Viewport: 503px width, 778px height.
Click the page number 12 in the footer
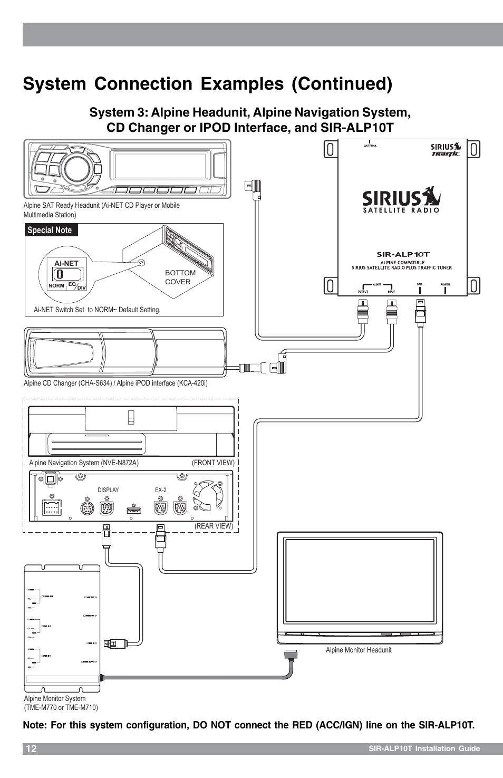point(31,749)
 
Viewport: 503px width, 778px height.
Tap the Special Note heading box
point(50,230)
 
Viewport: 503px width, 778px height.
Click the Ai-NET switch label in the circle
point(66,263)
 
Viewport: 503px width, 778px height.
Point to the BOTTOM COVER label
point(180,277)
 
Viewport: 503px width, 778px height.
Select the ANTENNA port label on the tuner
point(370,146)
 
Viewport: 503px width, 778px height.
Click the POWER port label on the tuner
point(445,285)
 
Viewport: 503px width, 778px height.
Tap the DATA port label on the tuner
point(420,285)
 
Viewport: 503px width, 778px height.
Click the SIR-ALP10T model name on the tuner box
point(402,254)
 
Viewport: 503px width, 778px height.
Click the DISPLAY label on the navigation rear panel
point(108,490)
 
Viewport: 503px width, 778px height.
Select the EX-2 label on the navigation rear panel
point(161,490)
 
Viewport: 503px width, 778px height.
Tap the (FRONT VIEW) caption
point(213,463)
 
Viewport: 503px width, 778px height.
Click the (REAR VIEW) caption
point(214,526)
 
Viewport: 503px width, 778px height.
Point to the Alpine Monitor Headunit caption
point(359,650)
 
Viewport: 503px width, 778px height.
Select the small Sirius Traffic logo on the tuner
point(446,149)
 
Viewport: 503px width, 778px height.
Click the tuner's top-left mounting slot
point(330,149)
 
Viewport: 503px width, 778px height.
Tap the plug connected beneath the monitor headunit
point(291,655)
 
